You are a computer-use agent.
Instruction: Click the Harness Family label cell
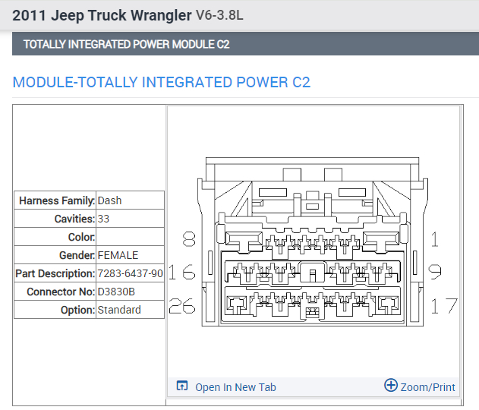click(x=56, y=200)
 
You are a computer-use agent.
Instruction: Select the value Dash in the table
click(x=109, y=200)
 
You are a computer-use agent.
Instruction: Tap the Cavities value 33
click(x=104, y=219)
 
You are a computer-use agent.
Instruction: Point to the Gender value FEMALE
click(x=118, y=255)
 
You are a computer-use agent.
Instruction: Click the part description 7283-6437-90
click(x=130, y=273)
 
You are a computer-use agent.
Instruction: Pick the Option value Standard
click(x=119, y=310)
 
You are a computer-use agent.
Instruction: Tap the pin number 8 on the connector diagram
click(x=189, y=240)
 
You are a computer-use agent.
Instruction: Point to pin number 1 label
click(x=435, y=240)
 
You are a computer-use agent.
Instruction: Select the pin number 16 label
click(x=181, y=272)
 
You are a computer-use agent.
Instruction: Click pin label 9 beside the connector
click(x=436, y=272)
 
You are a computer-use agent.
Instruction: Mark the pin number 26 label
click(x=182, y=305)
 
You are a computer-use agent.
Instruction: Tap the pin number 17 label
click(x=444, y=305)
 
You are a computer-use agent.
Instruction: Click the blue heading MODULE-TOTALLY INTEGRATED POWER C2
click(x=162, y=82)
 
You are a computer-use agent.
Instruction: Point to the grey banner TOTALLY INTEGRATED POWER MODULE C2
click(x=126, y=44)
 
